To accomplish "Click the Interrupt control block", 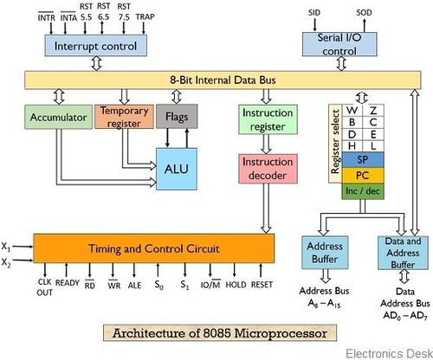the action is point(95,46).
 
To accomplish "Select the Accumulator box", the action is point(58,117).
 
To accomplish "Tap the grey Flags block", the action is point(177,116).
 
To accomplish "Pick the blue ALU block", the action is point(177,169).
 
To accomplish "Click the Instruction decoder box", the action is point(268,169).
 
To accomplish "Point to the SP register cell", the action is point(363,159).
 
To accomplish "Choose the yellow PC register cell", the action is point(363,175).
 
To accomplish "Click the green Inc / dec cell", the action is point(363,191).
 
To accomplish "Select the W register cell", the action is point(352,110).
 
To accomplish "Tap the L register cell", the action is point(373,146).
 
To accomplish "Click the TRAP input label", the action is point(145,17).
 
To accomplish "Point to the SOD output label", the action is point(364,13).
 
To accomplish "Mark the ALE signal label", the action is point(134,286).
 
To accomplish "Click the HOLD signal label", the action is point(236,285).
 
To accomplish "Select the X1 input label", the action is point(6,247).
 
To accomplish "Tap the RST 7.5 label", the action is point(124,12).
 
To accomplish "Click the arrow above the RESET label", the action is point(261,271).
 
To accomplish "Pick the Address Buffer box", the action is point(325,253).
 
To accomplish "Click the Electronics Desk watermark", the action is point(389,354).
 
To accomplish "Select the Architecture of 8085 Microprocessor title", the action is point(220,333).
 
